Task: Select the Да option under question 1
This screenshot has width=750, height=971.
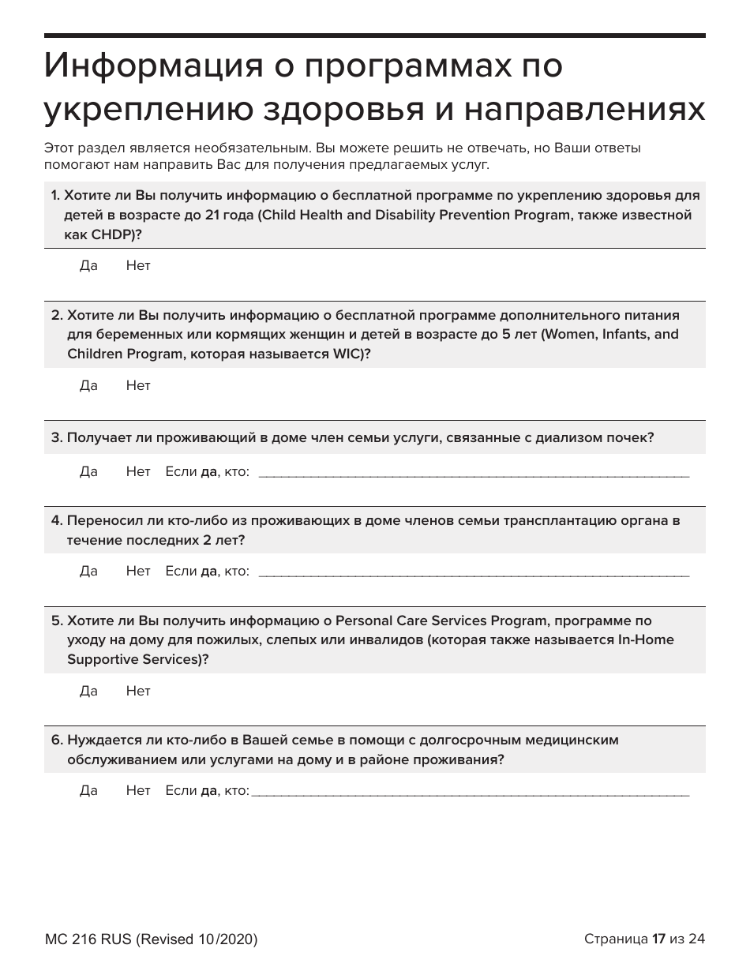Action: click(88, 266)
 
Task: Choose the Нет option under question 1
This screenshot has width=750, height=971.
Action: click(137, 266)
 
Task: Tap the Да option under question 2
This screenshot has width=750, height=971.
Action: click(88, 386)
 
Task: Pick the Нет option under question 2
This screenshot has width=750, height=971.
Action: click(137, 386)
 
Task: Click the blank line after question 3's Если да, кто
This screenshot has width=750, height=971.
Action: click(474, 474)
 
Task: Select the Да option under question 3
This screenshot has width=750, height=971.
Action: click(88, 472)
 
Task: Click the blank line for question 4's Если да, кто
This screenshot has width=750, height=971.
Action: click(474, 573)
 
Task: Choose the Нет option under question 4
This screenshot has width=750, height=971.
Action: click(137, 572)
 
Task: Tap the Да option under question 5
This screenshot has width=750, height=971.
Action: click(88, 692)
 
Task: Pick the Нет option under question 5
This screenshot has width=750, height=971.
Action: click(137, 692)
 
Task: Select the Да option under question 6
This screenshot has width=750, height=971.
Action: click(88, 791)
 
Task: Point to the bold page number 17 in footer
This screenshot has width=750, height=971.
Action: click(658, 939)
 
